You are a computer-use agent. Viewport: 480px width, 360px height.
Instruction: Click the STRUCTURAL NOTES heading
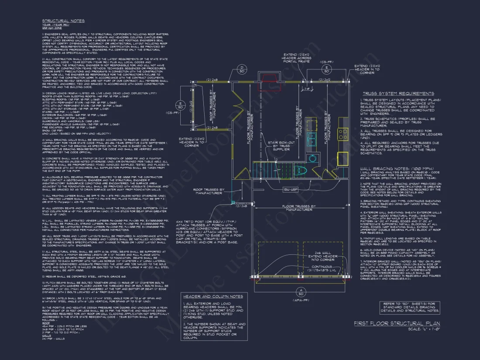click(x=63, y=21)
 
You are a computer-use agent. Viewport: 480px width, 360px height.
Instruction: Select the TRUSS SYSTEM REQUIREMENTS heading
click(x=398, y=93)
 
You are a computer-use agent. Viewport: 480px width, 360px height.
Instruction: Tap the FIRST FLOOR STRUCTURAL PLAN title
click(x=397, y=323)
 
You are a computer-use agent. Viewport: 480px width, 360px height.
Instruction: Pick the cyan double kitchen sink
click(x=312, y=139)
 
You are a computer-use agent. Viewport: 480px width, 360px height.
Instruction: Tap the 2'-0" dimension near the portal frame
click(x=307, y=88)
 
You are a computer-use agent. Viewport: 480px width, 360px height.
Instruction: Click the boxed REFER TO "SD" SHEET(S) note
click(x=409, y=307)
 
